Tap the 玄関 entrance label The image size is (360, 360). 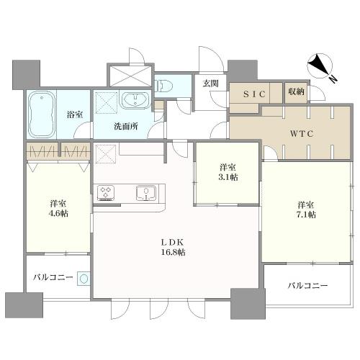click(210, 84)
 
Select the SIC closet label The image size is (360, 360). click(256, 93)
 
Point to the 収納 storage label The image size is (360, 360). click(297, 91)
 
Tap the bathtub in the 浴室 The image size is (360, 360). click(43, 113)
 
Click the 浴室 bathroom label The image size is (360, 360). click(74, 114)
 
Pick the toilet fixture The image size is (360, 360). click(165, 84)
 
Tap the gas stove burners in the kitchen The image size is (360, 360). click(107, 192)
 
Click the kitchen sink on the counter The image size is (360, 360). click(146, 192)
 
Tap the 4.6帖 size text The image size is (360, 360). click(60, 215)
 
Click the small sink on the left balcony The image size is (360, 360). click(84, 278)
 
